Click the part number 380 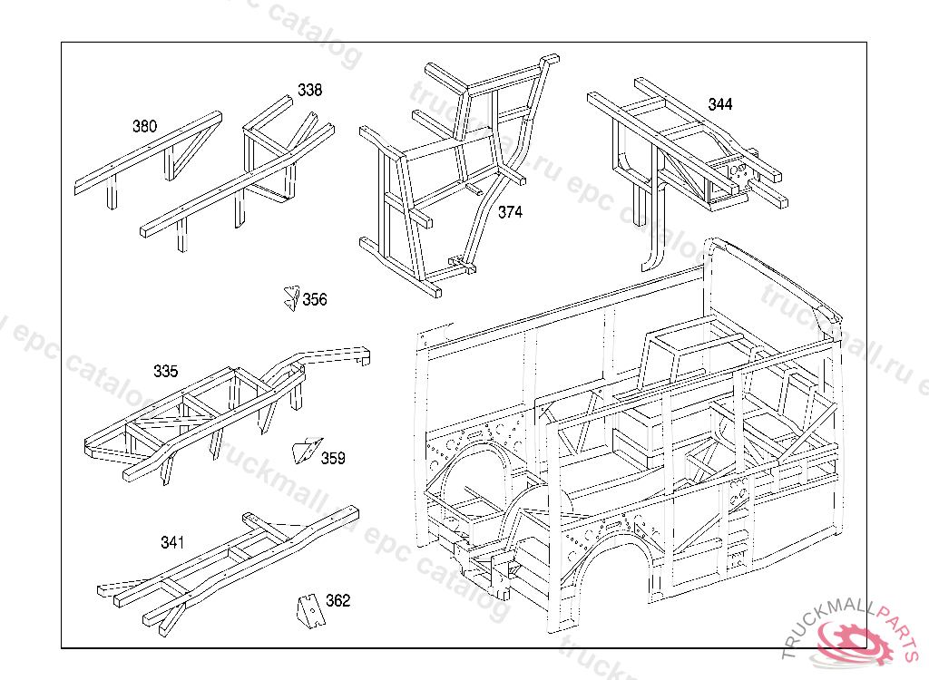point(144,126)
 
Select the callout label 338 point(309,91)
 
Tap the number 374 point(511,212)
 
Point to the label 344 point(719,104)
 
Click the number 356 point(315,300)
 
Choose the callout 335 point(165,372)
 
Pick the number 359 point(333,458)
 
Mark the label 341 point(172,543)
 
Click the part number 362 point(337,600)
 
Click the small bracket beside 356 point(291,297)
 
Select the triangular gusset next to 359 point(306,450)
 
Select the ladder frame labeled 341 point(227,567)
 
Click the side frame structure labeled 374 point(454,172)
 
